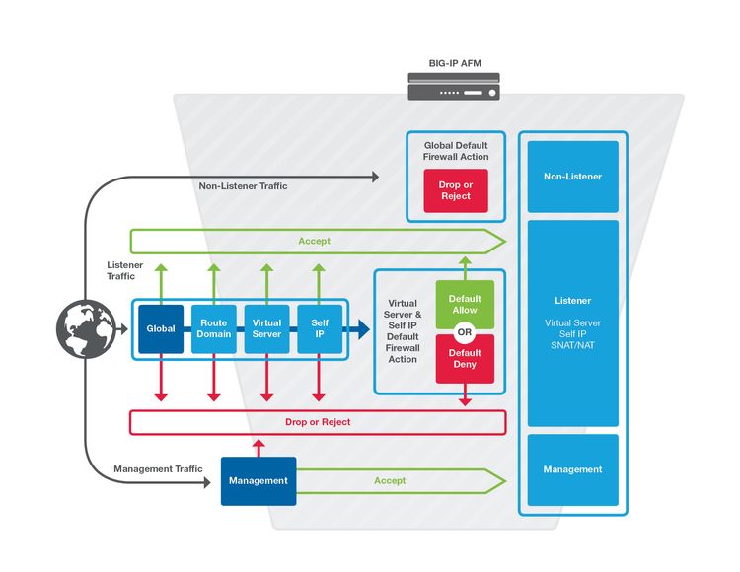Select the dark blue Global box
(161, 329)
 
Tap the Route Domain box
(214, 329)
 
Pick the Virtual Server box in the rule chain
(266, 329)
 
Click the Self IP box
(319, 329)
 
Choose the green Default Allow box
(464, 303)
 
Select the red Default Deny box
(464, 358)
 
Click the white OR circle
(464, 331)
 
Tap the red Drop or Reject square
(455, 190)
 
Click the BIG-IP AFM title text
(454, 63)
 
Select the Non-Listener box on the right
(572, 177)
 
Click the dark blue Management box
(258, 480)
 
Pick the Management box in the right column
(572, 469)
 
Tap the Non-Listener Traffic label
(244, 185)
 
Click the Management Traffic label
(158, 469)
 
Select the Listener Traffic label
(125, 270)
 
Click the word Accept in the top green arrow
(314, 241)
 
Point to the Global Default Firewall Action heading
(456, 150)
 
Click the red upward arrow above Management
(259, 446)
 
